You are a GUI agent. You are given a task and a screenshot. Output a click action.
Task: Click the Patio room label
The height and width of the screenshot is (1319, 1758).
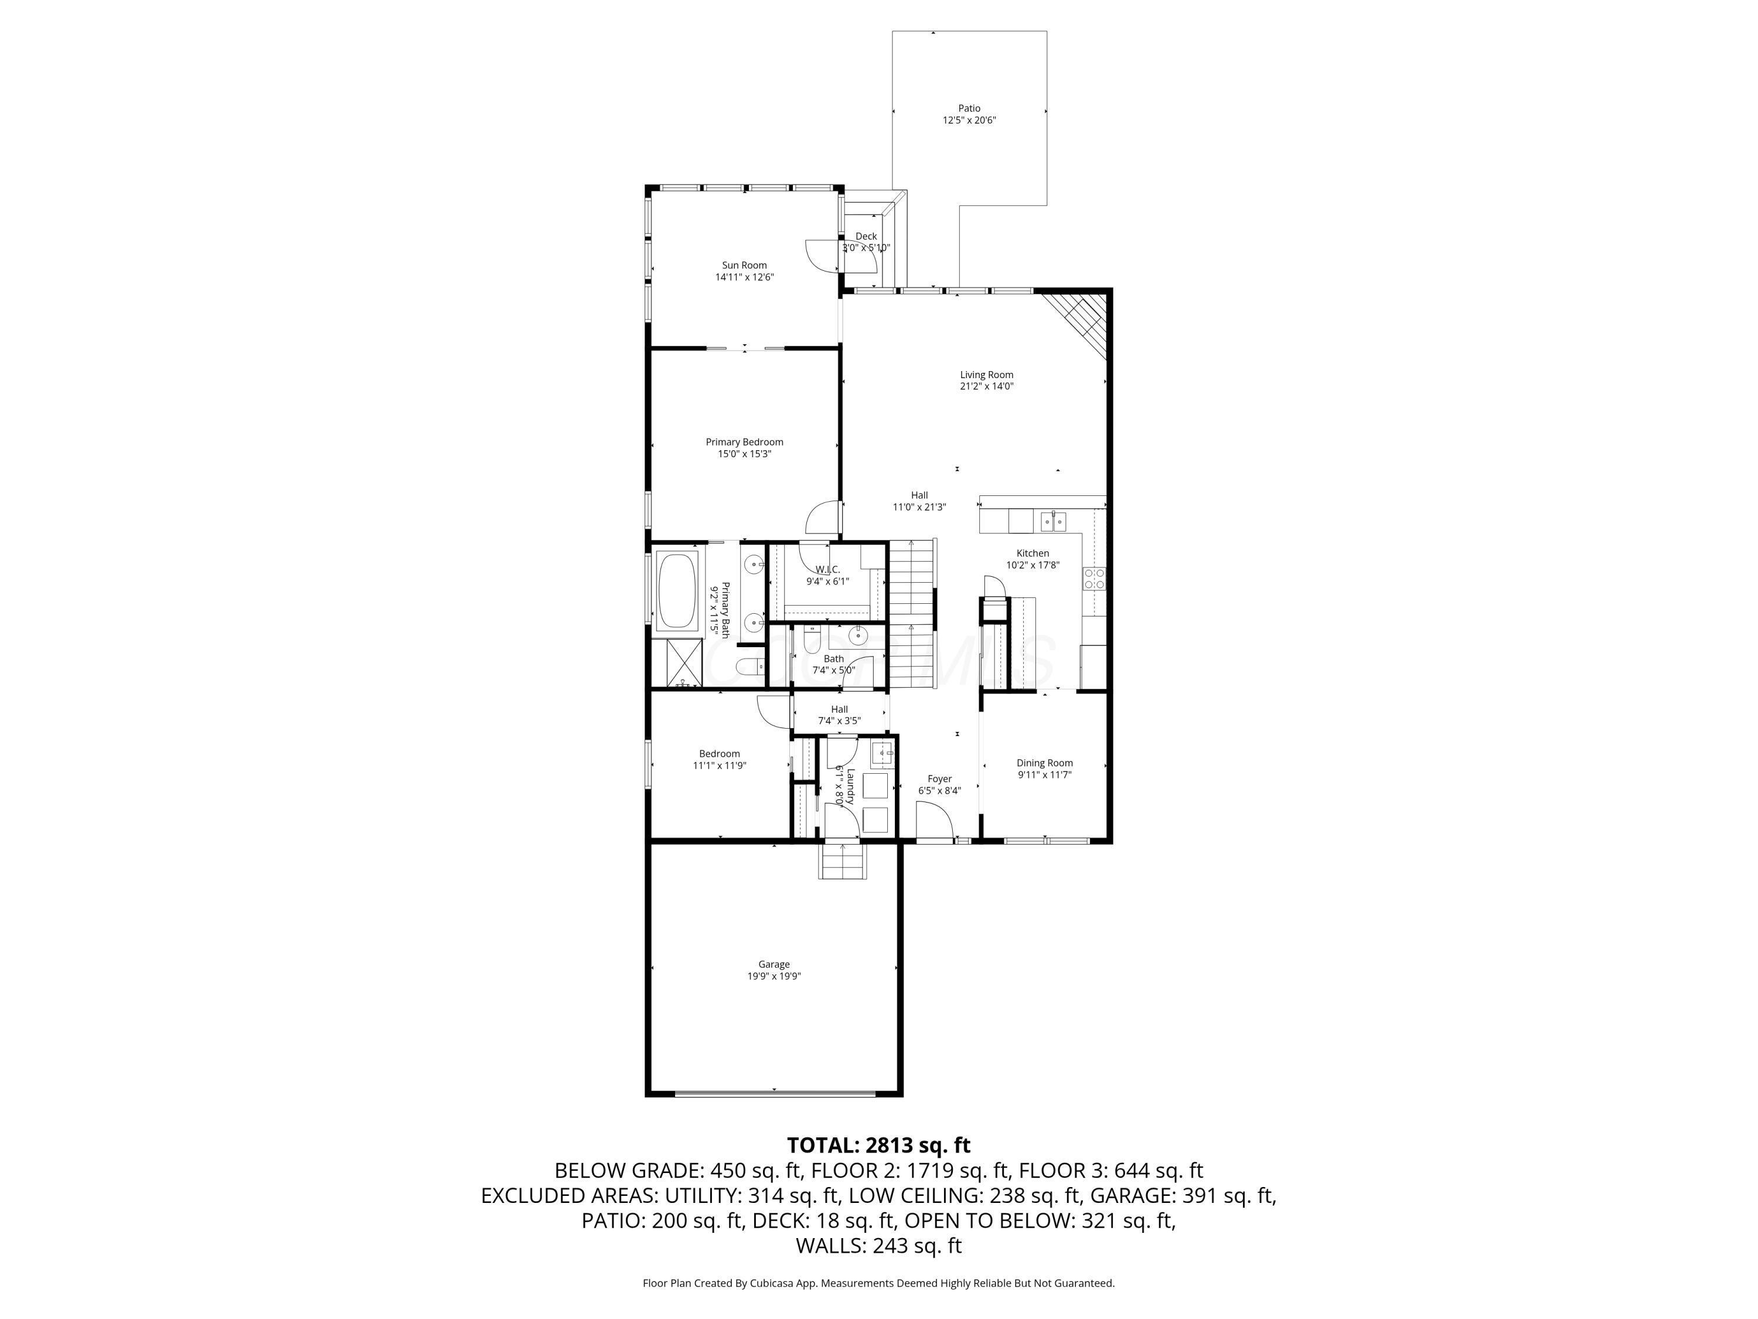pyautogui.click(x=969, y=108)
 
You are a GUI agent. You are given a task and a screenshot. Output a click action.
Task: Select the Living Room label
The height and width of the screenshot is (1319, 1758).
pyautogui.click(x=986, y=375)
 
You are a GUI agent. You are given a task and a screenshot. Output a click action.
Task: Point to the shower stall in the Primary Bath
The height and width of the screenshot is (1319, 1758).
pyautogui.click(x=677, y=663)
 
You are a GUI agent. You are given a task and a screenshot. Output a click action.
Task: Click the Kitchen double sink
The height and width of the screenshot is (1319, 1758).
pyautogui.click(x=1054, y=522)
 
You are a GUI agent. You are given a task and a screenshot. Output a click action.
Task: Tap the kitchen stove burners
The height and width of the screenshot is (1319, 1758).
pyautogui.click(x=1095, y=578)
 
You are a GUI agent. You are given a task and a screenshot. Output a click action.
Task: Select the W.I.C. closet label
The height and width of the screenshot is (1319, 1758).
pyautogui.click(x=827, y=569)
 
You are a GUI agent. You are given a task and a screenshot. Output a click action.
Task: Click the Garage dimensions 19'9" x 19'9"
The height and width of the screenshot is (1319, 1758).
pyautogui.click(x=774, y=976)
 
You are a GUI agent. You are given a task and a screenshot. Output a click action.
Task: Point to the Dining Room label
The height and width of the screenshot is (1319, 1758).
pyautogui.click(x=1044, y=763)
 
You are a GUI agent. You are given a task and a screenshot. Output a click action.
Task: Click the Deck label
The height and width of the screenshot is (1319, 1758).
pyautogui.click(x=866, y=236)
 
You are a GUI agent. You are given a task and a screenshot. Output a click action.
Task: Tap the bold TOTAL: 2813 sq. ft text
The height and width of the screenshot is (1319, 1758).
pyautogui.click(x=878, y=1145)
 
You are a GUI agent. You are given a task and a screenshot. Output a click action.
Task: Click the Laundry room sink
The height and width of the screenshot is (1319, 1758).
pyautogui.click(x=881, y=752)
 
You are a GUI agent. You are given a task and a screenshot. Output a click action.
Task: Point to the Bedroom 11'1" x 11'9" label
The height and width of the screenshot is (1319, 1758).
pyautogui.click(x=719, y=759)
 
